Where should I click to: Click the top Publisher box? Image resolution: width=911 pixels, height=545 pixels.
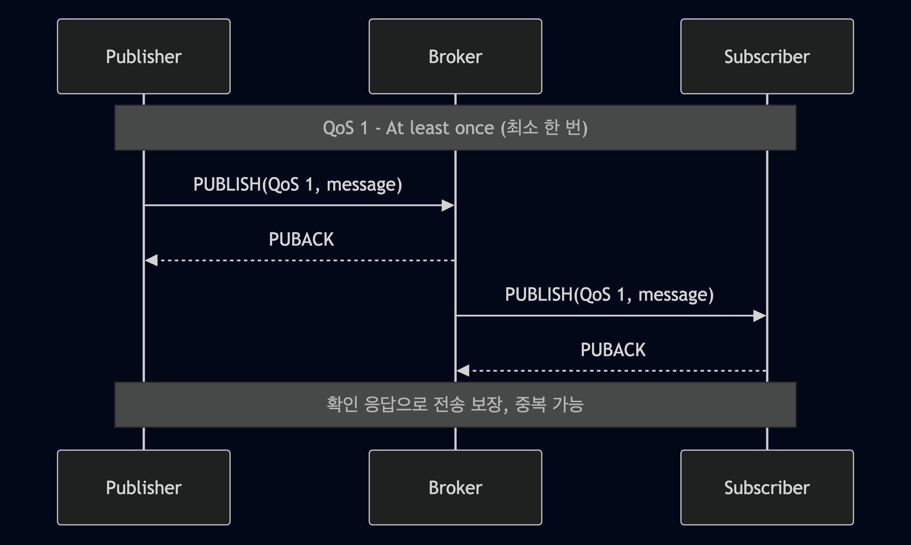[144, 56]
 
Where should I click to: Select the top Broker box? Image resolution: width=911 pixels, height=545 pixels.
[455, 56]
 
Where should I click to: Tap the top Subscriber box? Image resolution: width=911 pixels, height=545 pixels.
[767, 56]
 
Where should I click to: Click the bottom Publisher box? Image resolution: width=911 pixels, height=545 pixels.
[144, 488]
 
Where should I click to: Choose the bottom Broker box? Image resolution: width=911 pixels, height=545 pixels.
[455, 488]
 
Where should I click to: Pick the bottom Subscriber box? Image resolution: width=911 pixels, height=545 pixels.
[767, 488]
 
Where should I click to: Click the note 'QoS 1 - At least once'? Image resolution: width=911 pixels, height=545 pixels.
[455, 128]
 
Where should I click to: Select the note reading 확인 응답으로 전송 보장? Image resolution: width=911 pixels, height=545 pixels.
[455, 404]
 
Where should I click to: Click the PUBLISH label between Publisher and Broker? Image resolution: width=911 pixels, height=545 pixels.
[297, 184]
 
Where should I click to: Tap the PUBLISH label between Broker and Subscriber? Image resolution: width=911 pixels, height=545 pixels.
[609, 294]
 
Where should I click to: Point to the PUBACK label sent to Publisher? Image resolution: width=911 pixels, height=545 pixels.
[301, 239]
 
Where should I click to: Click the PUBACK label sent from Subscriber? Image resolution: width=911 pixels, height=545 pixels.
[613, 350]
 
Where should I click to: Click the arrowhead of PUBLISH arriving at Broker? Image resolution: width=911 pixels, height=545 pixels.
[448, 206]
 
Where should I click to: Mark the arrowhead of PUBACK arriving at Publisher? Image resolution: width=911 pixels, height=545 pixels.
[151, 260]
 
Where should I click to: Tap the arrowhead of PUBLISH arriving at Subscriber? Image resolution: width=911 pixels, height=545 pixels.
[759, 316]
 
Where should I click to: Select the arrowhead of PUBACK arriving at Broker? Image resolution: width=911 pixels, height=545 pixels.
[463, 371]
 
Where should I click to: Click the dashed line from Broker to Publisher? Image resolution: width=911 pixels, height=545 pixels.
[305, 260]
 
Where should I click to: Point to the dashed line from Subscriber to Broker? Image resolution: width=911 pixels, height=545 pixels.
[617, 371]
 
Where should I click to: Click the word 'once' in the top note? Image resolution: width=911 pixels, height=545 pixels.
[475, 128]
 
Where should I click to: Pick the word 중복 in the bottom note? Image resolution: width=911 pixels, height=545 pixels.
[530, 404]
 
